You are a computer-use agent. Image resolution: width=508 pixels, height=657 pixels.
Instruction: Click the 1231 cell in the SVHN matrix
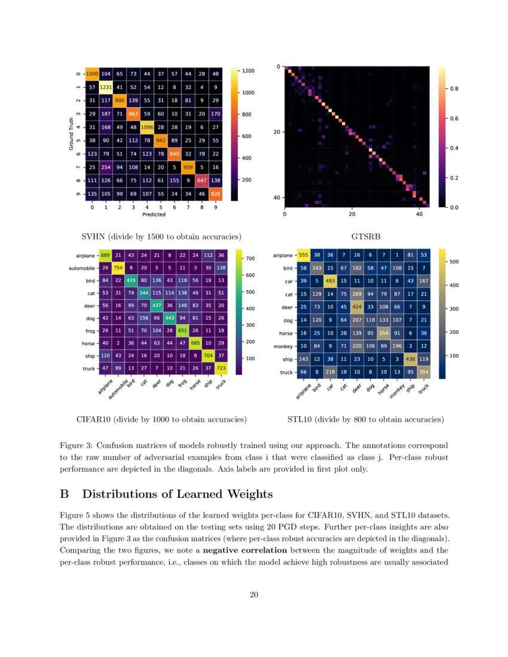[106, 87]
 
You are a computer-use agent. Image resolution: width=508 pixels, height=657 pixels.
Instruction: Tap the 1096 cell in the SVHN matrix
[147, 127]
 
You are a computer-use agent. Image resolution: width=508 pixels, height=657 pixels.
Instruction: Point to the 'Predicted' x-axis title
[154, 215]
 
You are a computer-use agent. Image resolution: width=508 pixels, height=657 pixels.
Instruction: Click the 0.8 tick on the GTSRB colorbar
[454, 89]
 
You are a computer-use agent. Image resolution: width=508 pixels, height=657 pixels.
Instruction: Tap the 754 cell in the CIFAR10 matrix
[119, 268]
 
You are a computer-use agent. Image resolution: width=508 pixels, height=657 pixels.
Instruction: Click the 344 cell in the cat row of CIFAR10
[145, 292]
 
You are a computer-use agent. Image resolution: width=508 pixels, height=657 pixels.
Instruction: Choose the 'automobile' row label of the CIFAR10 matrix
[79, 268]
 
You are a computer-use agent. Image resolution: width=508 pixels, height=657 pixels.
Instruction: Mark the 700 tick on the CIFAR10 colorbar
[252, 259]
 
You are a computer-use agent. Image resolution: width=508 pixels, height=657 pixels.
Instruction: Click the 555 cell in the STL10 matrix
[304, 255]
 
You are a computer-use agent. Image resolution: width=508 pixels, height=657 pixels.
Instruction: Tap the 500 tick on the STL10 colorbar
[454, 262]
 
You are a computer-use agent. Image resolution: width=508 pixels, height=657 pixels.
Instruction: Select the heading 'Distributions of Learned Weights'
[177, 494]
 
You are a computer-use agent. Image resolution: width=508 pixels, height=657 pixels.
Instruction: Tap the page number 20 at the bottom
[254, 594]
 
